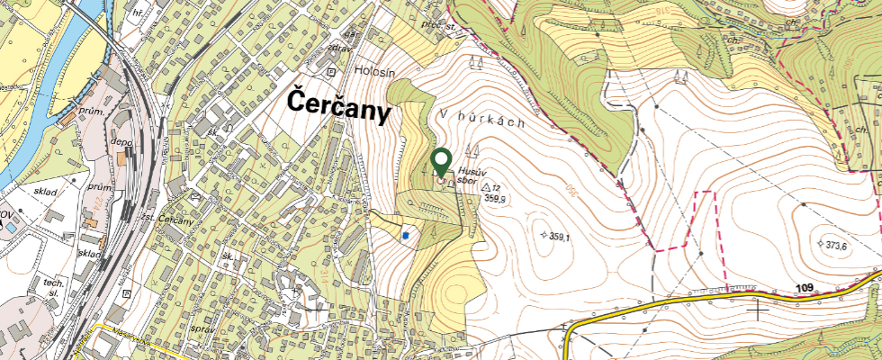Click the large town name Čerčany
point(340,106)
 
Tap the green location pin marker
point(441,162)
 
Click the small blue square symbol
point(406,236)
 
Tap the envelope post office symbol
point(195,193)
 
